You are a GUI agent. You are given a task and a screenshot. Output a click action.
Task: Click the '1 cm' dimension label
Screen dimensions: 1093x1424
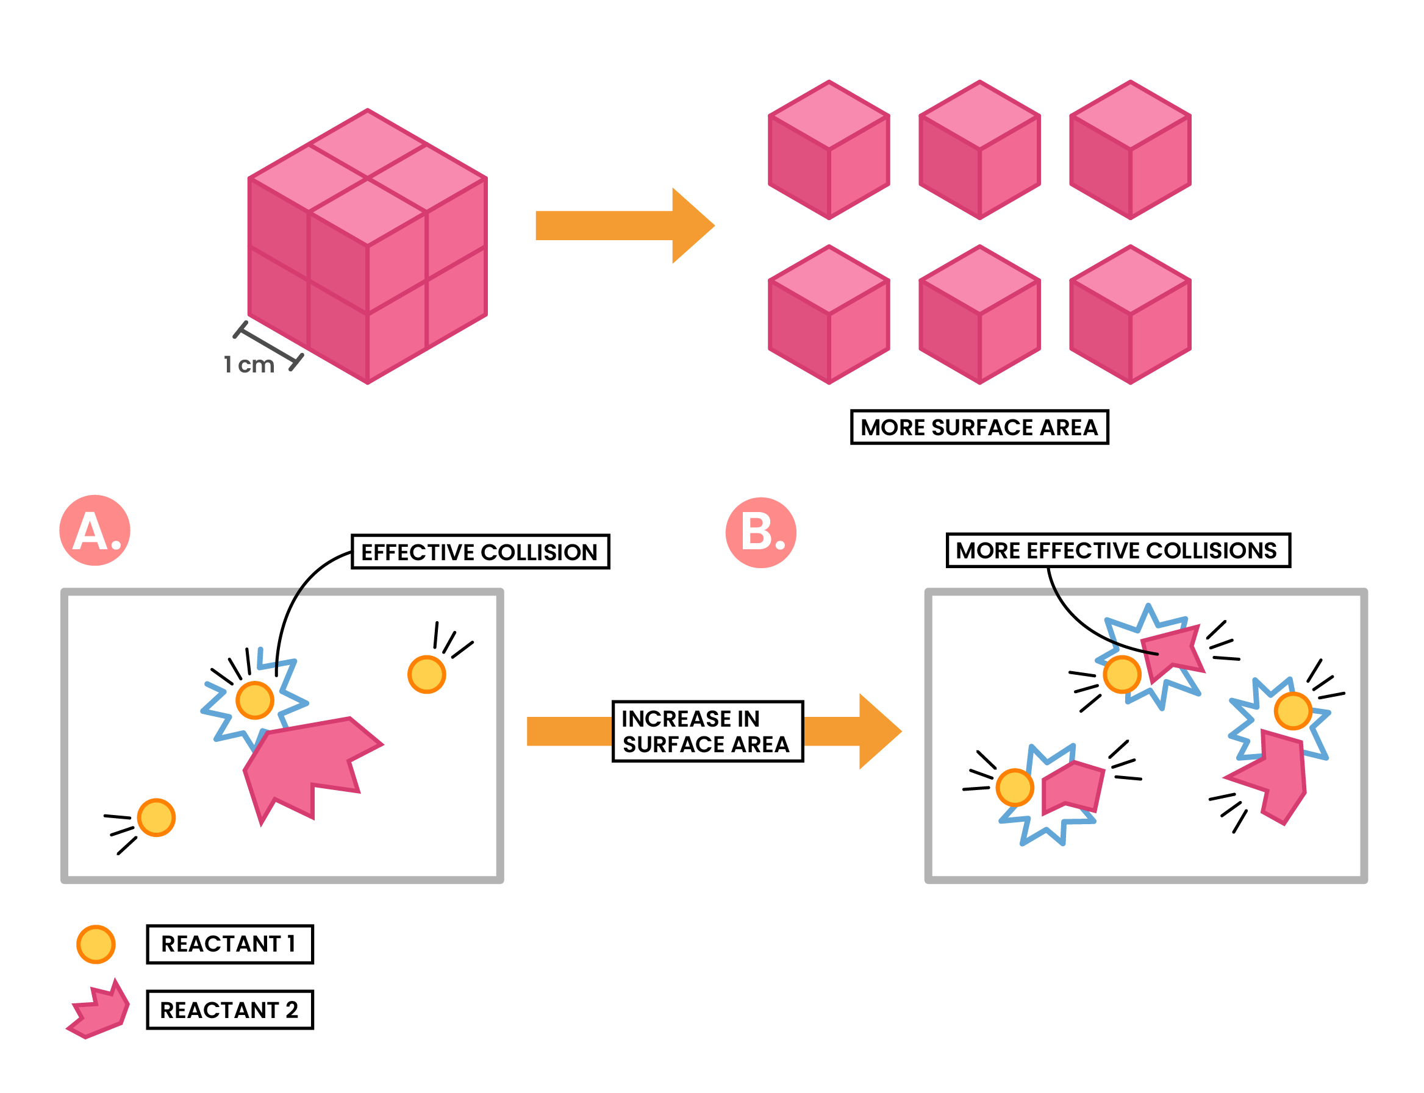[249, 365]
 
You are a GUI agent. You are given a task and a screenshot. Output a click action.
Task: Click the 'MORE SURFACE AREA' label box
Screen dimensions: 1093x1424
[979, 427]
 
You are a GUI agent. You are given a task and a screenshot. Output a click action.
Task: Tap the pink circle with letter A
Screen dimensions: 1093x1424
[95, 530]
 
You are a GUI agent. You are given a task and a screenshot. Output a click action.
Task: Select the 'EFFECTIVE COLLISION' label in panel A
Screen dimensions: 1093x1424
[480, 552]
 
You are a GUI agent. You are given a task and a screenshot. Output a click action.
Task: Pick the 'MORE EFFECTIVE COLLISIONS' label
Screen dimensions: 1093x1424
[1117, 550]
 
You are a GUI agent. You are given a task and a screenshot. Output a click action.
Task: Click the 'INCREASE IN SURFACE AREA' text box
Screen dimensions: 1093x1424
[707, 731]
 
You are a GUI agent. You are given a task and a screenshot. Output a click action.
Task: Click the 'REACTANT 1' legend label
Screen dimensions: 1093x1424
[230, 944]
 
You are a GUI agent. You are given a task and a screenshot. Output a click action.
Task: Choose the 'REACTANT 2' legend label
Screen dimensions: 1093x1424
[230, 1009]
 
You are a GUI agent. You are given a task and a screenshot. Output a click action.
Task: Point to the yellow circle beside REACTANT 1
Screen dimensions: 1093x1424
[96, 944]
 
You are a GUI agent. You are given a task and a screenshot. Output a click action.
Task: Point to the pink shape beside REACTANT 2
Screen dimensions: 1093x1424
[99, 1010]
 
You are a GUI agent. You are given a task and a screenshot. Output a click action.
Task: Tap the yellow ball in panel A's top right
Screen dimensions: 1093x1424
[426, 674]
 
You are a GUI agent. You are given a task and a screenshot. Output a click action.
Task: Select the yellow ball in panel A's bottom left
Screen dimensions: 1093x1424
[156, 817]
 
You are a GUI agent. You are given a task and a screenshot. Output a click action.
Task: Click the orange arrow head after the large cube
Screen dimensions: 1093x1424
[692, 226]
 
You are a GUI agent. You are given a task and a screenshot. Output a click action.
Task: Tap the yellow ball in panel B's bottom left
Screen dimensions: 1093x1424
[1014, 787]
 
